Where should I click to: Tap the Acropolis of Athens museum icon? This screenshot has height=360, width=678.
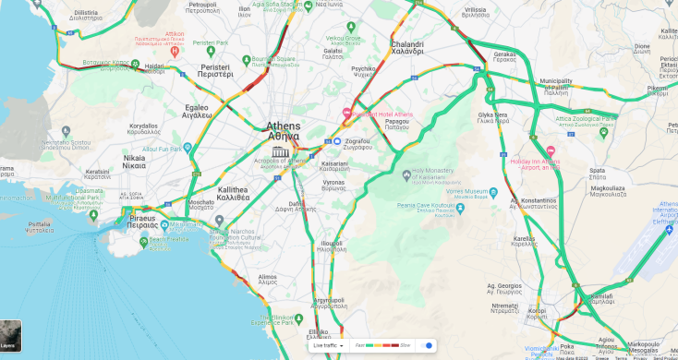[280, 151]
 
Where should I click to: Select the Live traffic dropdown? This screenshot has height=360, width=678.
[328, 345]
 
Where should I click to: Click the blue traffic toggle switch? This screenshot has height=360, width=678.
[426, 345]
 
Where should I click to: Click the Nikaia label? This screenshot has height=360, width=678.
[134, 162]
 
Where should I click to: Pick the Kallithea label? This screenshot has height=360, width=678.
[233, 193]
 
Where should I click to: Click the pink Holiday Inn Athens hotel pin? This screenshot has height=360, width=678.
[551, 150]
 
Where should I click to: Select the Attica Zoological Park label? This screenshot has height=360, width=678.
[585, 119]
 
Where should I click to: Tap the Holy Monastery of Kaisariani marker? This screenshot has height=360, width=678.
[406, 174]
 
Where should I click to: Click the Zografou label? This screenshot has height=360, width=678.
[363, 143]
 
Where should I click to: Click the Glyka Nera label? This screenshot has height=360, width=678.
[493, 116]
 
